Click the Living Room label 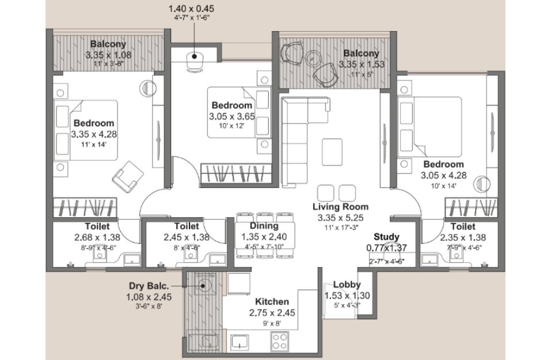click(340, 207)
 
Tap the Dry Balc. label click(149, 286)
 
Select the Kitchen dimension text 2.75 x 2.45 click(272, 313)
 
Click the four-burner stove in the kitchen click(279, 341)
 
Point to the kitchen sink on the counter click(240, 342)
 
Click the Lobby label click(347, 285)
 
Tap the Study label click(386, 237)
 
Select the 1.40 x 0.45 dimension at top click(191, 9)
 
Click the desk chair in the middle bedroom click(195, 62)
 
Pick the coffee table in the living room click(332, 152)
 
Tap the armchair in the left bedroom click(128, 177)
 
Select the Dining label click(264, 226)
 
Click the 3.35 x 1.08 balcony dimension click(109, 55)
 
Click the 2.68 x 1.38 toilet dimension click(97, 237)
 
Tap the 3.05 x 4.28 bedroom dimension click(443, 175)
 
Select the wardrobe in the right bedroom click(472, 207)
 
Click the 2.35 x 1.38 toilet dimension click(463, 237)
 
